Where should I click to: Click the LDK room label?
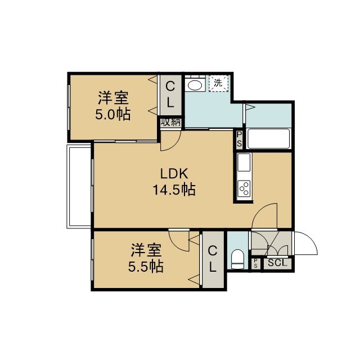174,174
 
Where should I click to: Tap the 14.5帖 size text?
174,190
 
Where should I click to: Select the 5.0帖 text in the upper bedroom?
112,114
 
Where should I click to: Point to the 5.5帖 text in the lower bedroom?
146,267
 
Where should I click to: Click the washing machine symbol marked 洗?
218,83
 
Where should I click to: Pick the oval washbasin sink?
195,85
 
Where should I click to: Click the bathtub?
268,139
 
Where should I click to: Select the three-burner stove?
244,188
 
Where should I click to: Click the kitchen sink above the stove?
244,163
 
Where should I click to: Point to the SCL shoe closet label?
277,263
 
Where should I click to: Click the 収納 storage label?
170,123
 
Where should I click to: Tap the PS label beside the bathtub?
239,139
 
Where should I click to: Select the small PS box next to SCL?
255,263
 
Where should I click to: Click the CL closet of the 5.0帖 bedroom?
170,94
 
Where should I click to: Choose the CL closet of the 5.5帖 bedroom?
213,259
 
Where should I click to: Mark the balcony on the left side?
79,186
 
